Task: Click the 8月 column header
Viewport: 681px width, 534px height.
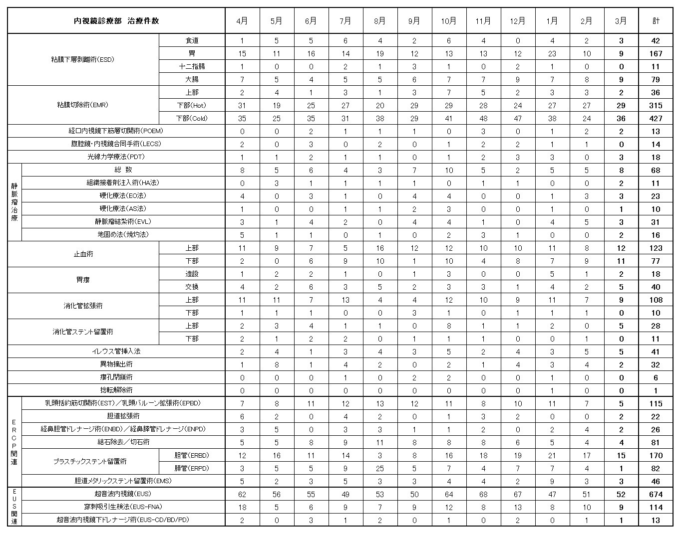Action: coord(379,21)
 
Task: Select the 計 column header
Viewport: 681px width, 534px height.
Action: coord(656,21)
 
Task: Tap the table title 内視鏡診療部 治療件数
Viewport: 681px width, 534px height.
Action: coord(116,21)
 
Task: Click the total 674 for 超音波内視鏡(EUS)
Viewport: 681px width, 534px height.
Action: coord(656,494)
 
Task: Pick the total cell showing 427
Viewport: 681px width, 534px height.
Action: coord(656,118)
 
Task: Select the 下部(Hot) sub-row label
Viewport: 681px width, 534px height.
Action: coord(192,105)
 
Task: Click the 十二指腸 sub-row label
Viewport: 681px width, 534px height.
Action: coord(192,66)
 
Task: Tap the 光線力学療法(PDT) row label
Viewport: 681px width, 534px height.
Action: coord(116,157)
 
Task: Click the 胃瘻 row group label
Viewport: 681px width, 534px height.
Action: coord(83,280)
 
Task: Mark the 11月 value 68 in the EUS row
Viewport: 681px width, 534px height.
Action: coord(483,494)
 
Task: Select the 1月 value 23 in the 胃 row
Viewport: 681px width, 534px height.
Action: coord(552,53)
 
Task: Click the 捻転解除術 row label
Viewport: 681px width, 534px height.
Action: coord(116,390)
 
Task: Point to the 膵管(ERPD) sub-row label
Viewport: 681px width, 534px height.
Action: coord(192,468)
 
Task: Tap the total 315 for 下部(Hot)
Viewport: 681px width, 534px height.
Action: coord(656,105)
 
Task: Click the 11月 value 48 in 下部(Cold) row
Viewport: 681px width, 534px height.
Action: coord(483,118)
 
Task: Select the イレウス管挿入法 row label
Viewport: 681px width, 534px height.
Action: coord(116,352)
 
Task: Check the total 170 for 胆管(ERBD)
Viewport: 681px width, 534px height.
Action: coord(656,455)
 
